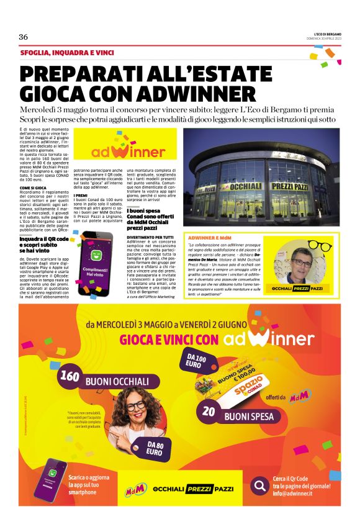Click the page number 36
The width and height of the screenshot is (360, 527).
point(24,37)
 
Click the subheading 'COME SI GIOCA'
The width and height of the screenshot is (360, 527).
point(34,187)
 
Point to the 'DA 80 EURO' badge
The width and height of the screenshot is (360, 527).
point(155,448)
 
